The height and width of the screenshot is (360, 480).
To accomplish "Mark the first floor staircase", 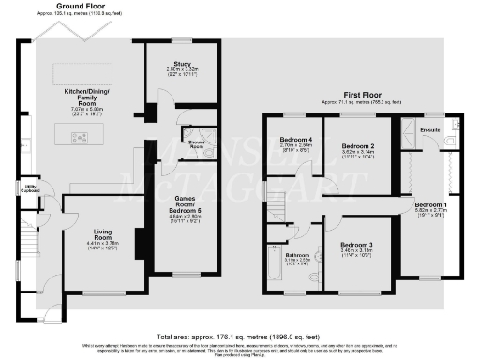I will click(278, 201).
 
